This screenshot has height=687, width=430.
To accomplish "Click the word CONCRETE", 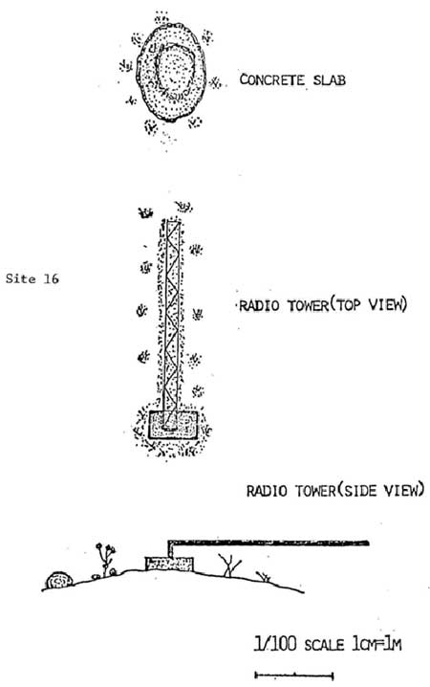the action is [271, 80].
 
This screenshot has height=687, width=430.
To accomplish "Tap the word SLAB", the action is [330, 80].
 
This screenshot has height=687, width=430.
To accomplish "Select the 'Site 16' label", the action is [32, 278].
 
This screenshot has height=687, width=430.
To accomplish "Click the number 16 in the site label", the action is [51, 278].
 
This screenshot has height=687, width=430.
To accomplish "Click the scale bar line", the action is [294, 676].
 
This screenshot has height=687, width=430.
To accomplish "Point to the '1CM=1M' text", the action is [376, 645].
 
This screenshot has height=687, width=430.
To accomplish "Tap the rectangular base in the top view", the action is [173, 424].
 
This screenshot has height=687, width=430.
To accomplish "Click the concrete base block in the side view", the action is [169, 564].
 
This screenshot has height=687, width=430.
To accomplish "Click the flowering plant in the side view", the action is [105, 559].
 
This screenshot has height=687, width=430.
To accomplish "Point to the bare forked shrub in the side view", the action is [229, 565].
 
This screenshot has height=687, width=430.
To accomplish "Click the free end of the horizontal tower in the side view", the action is [369, 543].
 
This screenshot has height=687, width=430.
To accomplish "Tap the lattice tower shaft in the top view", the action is [171, 316].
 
